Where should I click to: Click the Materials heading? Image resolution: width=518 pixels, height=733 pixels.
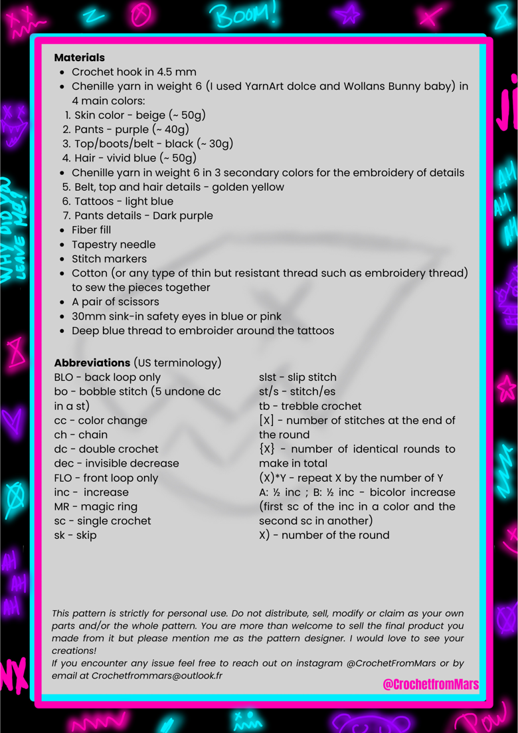[x=79, y=58]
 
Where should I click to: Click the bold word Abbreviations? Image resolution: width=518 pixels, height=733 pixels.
[x=92, y=363]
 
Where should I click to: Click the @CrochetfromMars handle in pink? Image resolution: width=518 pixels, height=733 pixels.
[x=430, y=684]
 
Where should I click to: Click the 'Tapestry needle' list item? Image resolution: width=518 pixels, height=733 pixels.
[x=109, y=245]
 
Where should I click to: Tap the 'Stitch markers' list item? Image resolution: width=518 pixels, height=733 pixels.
[x=109, y=259]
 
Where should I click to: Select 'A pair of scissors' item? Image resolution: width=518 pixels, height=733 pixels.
[x=115, y=302]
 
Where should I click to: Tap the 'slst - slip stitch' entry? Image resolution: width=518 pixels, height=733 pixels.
[x=298, y=377]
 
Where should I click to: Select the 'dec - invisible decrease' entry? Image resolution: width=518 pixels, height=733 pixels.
[x=116, y=463]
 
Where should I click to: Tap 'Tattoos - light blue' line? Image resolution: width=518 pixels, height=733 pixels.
[x=124, y=201]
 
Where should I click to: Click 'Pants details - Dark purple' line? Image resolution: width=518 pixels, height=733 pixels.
[x=143, y=215]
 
